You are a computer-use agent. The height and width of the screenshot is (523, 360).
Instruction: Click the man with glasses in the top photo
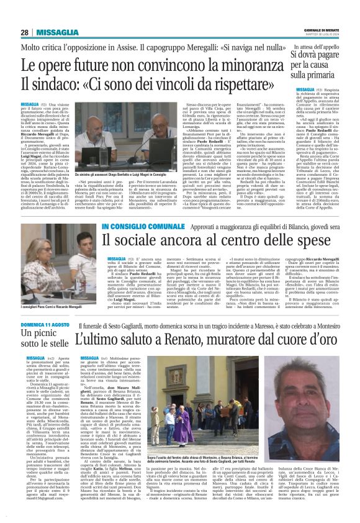[x=137, y=121]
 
